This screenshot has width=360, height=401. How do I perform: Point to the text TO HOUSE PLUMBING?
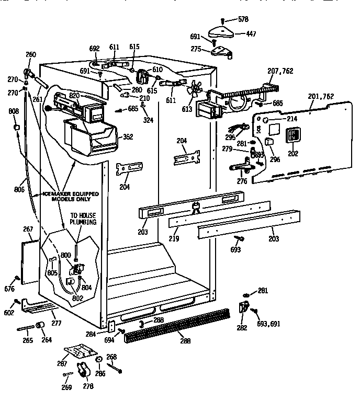(84, 219)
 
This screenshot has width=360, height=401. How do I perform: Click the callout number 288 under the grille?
(185, 341)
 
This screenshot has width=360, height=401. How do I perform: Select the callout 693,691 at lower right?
(268, 324)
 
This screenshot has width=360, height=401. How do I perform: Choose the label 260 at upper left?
(31, 54)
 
